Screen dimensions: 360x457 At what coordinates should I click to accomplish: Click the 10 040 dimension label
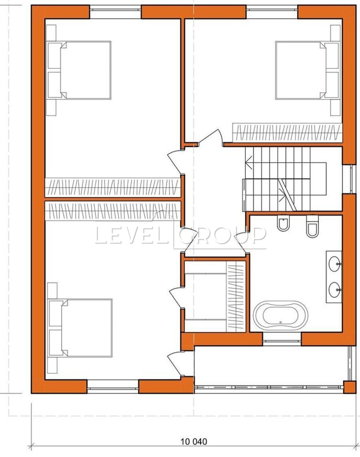coord(194,441)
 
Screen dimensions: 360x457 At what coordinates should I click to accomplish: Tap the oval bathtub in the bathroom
coord(280,315)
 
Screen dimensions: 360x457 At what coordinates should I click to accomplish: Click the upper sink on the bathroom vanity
coord(335,263)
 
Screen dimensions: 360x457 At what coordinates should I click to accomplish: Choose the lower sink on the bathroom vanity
coord(335,290)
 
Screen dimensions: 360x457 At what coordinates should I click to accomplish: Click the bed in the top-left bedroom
coord(79,70)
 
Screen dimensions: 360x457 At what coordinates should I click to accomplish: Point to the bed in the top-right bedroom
coord(308,70)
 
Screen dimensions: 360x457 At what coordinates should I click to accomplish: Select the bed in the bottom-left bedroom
coord(80,328)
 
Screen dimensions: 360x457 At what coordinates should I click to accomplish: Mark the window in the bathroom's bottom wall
coord(282,339)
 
